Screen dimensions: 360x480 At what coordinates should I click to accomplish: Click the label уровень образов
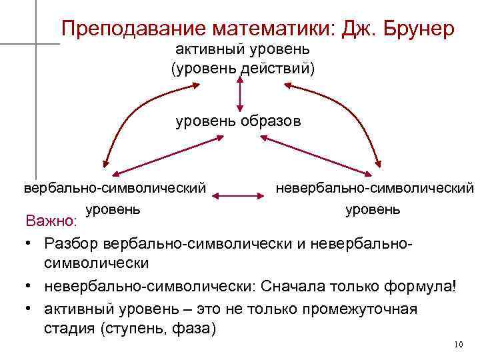click(238, 121)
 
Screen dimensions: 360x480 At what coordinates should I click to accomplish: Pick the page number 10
click(457, 345)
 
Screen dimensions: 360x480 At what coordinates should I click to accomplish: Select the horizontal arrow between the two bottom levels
click(239, 196)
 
